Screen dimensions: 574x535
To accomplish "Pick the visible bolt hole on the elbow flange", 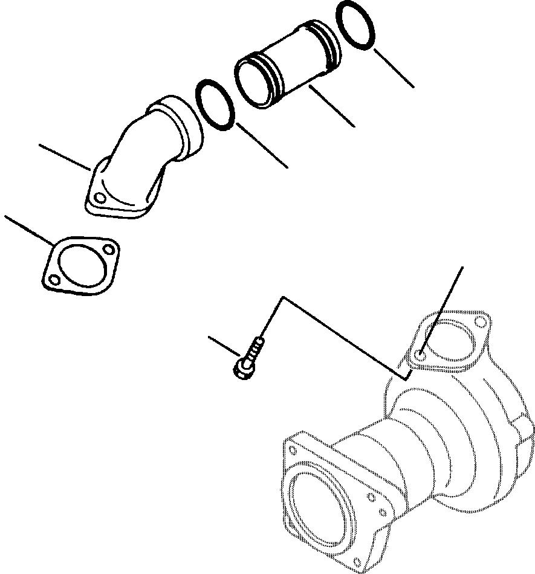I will point(99,198).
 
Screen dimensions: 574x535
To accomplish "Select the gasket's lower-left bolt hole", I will point(55,279).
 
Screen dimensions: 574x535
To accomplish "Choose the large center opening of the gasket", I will point(80,264).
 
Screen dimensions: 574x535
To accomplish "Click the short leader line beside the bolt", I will point(224,346).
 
